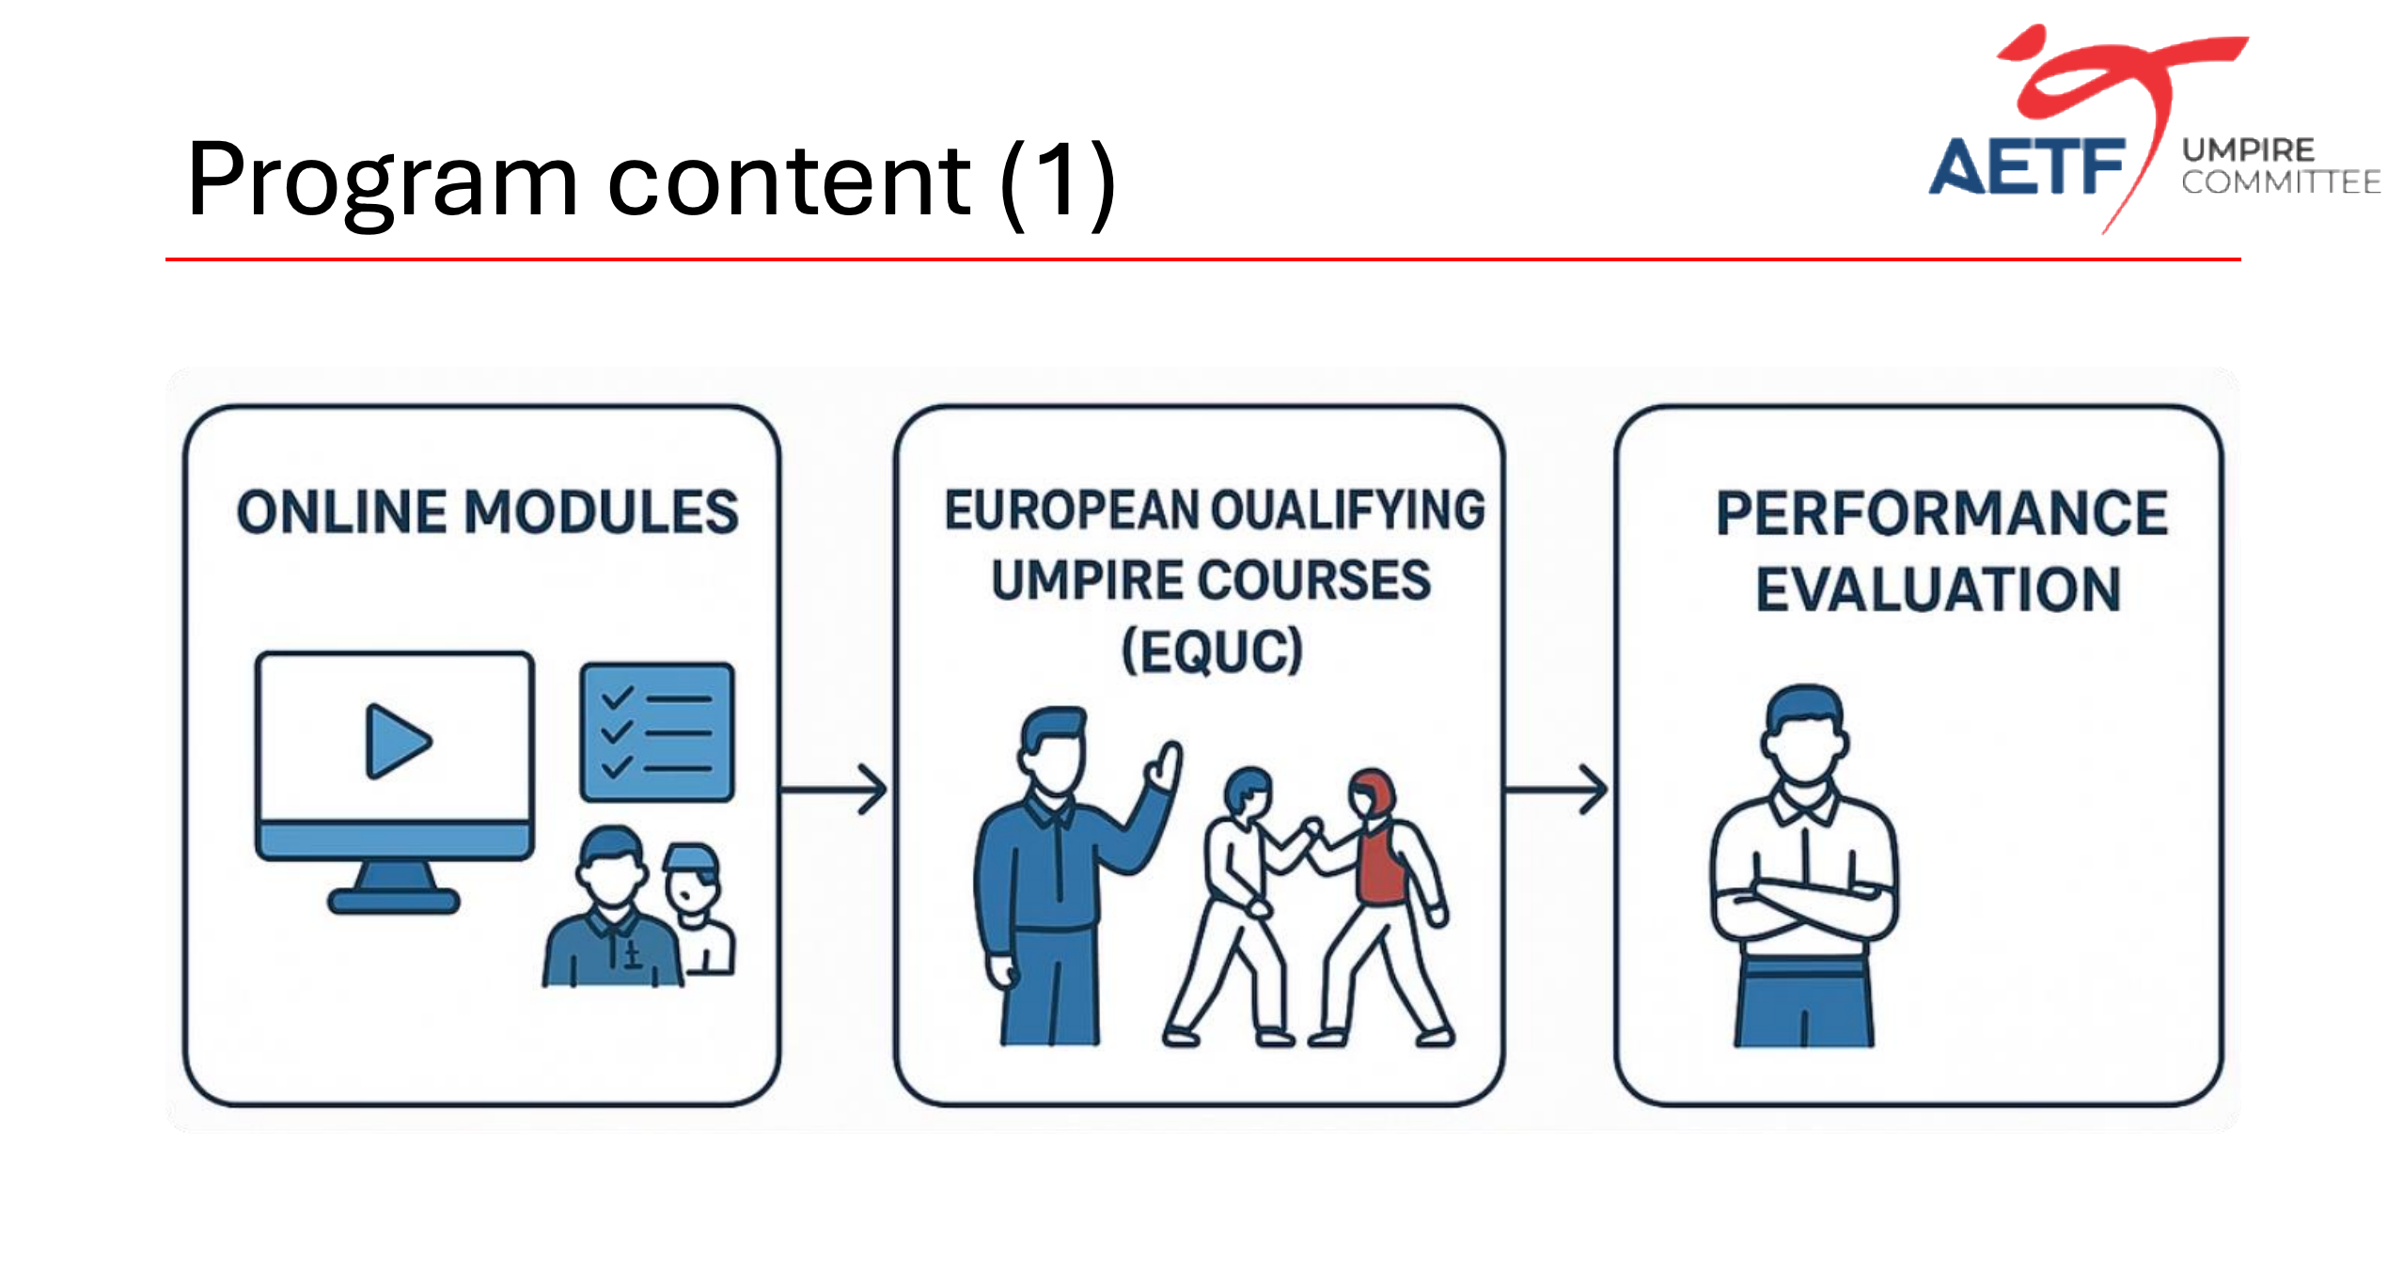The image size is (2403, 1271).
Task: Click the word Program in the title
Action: click(x=381, y=180)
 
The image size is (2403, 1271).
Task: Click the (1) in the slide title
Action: click(x=1057, y=180)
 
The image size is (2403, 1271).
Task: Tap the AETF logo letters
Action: click(x=2027, y=167)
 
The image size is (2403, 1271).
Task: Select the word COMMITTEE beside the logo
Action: click(x=2281, y=181)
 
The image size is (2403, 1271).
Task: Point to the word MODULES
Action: click(x=602, y=512)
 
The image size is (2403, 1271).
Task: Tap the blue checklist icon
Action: click(x=657, y=731)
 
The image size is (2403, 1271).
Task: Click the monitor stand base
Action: click(x=394, y=902)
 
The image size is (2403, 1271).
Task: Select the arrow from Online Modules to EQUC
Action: click(x=835, y=790)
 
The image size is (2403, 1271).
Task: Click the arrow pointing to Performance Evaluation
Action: click(x=1557, y=790)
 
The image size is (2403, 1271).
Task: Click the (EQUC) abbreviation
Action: click(x=1212, y=651)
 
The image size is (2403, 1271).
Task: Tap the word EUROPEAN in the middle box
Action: click(x=1072, y=510)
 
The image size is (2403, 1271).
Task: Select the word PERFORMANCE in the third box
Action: click(x=1941, y=513)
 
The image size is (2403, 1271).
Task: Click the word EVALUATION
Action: click(x=1938, y=589)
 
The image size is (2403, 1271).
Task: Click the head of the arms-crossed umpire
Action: click(x=1803, y=733)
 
